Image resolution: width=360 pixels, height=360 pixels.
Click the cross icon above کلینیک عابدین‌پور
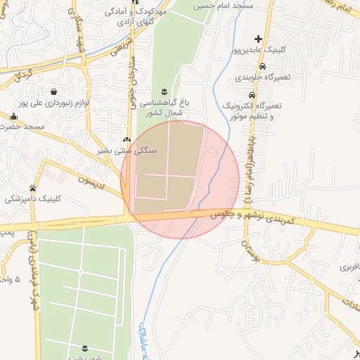pos(259,39)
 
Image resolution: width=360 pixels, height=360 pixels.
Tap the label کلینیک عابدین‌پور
pos(259,51)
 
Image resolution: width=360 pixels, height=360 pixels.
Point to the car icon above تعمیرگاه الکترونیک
pos(252,94)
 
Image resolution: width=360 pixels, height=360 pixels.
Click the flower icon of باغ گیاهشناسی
pos(164,91)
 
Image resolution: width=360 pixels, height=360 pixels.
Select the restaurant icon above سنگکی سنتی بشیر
pos(127,140)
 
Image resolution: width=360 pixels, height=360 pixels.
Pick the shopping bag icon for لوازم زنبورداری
pos(54,91)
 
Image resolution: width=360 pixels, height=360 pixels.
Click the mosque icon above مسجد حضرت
pos(13,116)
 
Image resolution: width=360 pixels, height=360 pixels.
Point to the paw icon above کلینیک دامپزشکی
pos(32,188)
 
